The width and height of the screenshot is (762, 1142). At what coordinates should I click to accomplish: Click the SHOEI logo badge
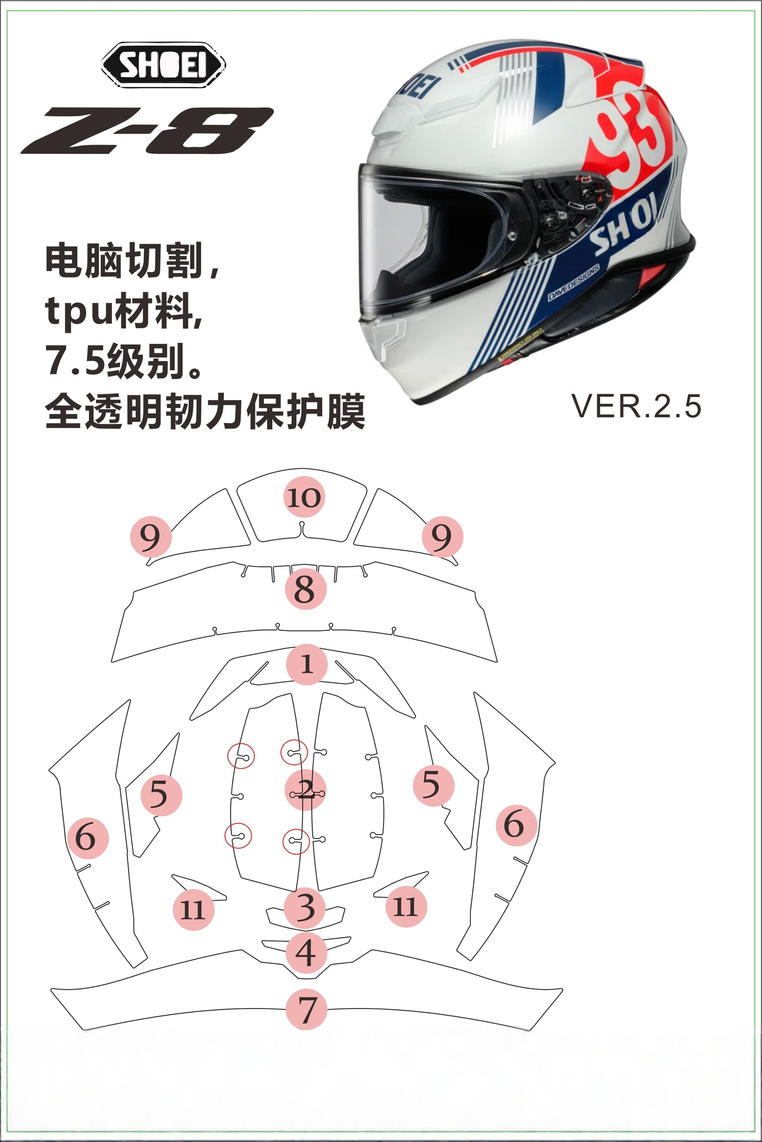point(164,65)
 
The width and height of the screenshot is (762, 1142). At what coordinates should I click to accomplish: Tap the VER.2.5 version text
point(636,406)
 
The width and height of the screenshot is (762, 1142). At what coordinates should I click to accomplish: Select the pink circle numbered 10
point(304,497)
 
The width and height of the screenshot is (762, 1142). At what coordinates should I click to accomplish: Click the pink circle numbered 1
point(306,664)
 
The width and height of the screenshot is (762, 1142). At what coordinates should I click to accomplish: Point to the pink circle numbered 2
point(305,789)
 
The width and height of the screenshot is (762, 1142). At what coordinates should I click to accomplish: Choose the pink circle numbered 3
point(305,907)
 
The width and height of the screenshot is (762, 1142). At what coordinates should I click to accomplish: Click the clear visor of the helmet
point(437,233)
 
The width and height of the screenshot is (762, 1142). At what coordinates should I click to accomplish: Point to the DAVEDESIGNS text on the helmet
point(574,283)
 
